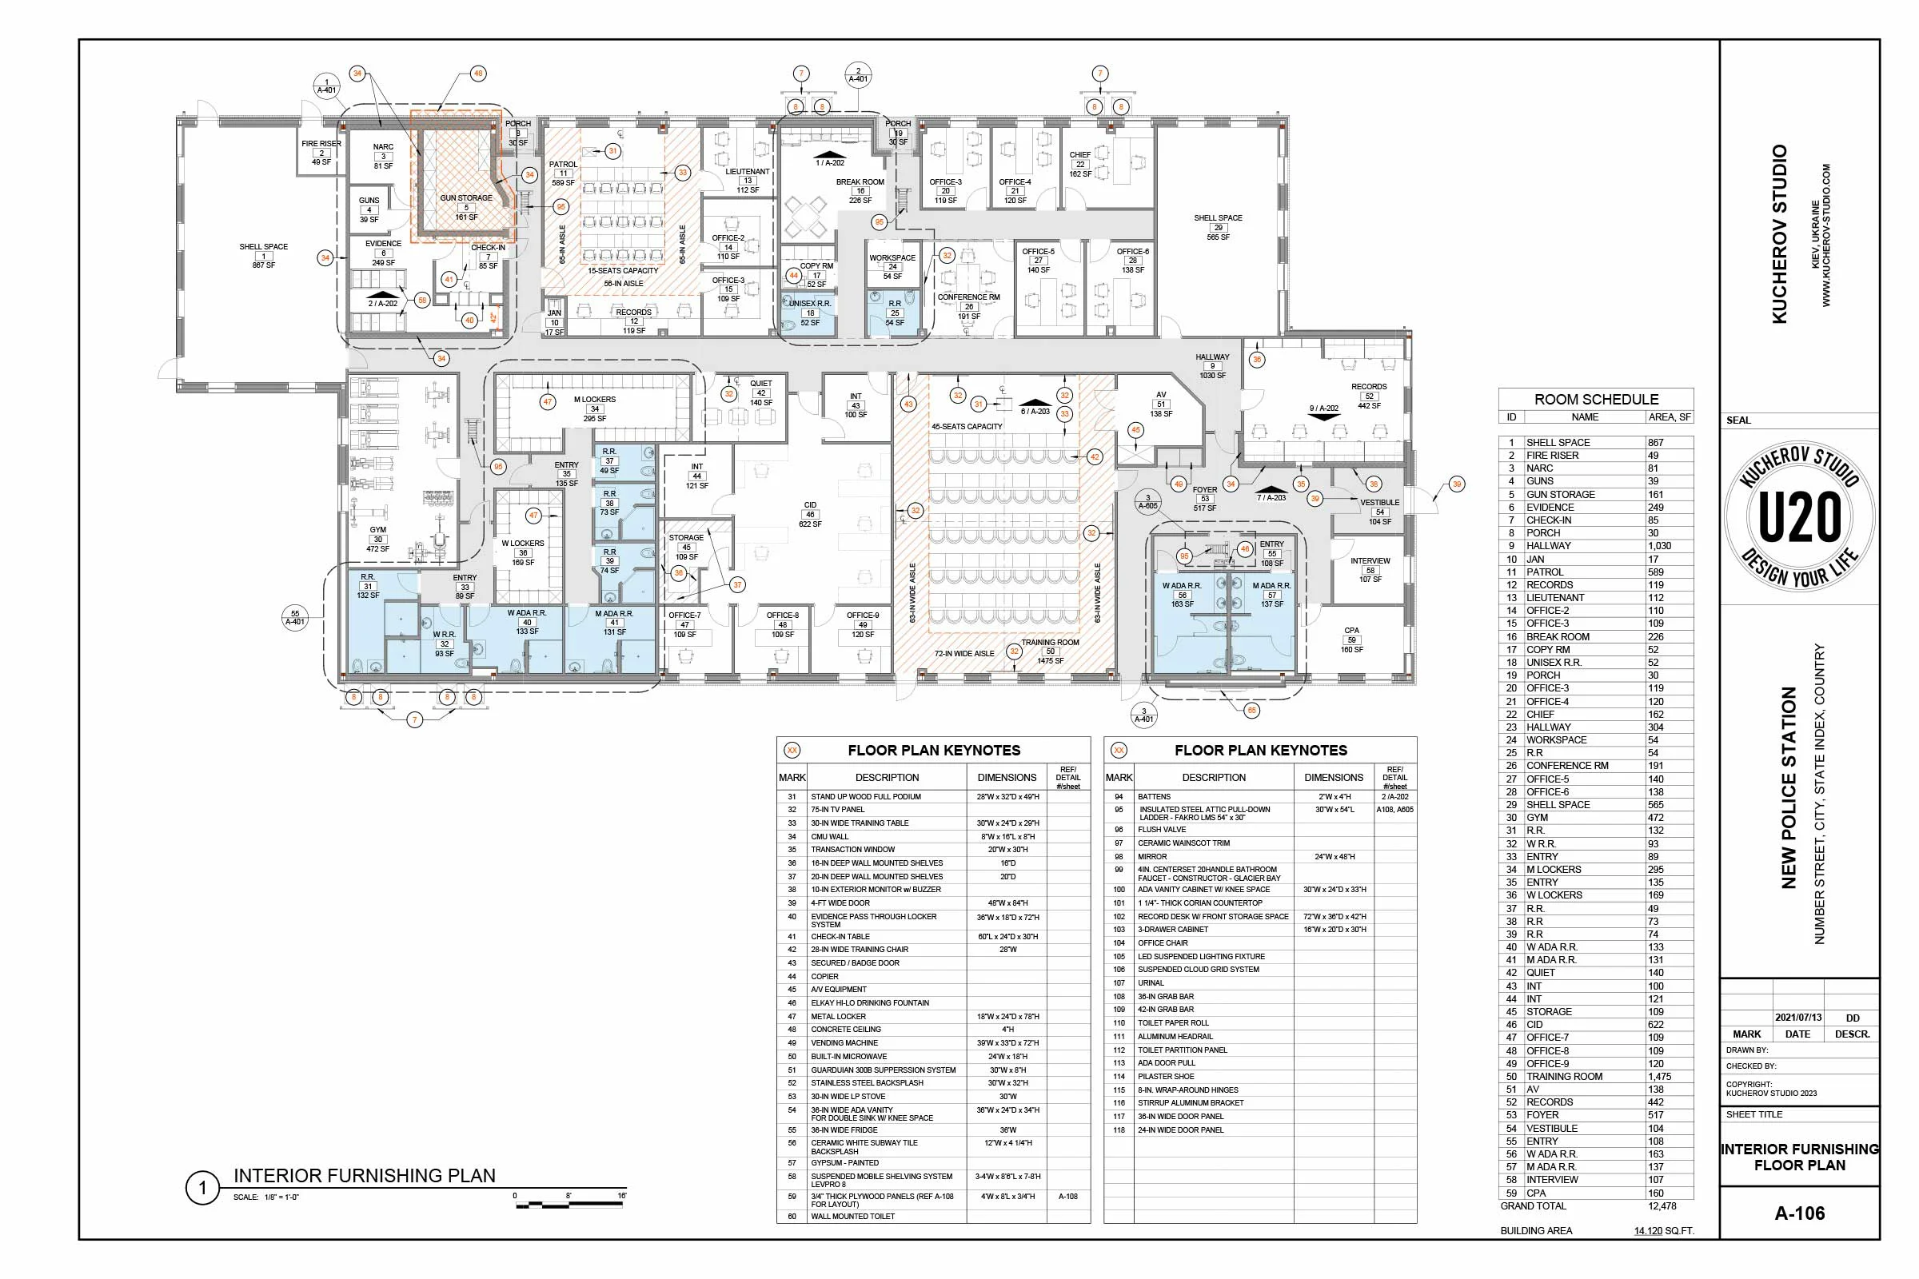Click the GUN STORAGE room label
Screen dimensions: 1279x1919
[x=466, y=198]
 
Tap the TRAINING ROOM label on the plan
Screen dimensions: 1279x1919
[x=1050, y=643]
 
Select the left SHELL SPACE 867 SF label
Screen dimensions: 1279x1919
[x=263, y=247]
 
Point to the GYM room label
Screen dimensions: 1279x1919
[x=377, y=530]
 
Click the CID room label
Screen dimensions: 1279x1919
[x=809, y=506]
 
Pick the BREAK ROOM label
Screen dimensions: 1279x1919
[x=860, y=182]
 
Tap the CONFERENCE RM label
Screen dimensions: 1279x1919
[x=968, y=297]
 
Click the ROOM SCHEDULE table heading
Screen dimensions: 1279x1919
[x=1596, y=400]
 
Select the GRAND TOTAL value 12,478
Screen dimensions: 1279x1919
[x=1662, y=1206]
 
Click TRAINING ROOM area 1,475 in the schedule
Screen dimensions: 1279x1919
[x=1658, y=1077]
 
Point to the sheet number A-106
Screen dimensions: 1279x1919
[x=1799, y=1213]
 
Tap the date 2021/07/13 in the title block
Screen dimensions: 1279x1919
[x=1798, y=1018]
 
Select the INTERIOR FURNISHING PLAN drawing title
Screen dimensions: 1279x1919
[x=365, y=1176]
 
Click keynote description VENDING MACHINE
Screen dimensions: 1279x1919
[x=844, y=1043]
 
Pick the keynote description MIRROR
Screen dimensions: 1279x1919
[x=1152, y=857]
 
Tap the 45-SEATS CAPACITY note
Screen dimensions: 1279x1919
[x=967, y=427]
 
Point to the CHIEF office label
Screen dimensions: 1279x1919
[x=1079, y=155]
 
